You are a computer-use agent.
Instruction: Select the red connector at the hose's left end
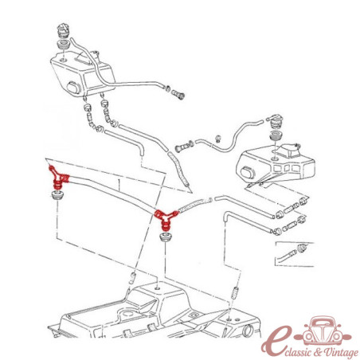coord(58,178)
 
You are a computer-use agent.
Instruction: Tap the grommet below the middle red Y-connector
coord(165,237)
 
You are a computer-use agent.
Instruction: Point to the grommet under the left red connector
coord(57,194)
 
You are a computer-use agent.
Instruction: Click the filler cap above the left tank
coord(64,31)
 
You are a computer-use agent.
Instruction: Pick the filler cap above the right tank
coord(276,123)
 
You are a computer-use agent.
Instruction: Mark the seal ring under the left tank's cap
coord(64,44)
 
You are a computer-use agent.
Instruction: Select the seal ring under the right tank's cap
coord(276,135)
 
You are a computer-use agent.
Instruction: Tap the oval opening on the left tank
coord(74,88)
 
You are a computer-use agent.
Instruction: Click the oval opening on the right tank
coord(248,172)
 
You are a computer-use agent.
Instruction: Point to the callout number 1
coord(119,183)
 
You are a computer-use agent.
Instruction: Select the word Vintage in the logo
coord(341,353)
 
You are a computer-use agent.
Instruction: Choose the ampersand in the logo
coord(318,352)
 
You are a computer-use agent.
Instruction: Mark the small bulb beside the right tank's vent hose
coord(218,139)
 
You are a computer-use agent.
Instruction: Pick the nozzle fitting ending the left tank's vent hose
coord(178,95)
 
